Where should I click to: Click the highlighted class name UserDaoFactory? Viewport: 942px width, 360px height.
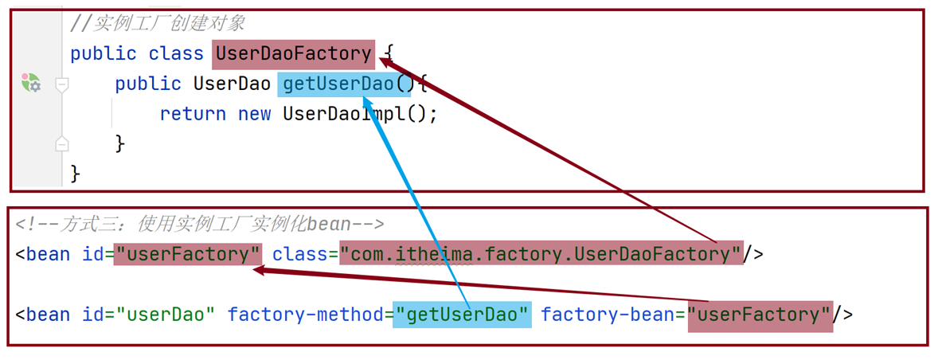[x=292, y=54]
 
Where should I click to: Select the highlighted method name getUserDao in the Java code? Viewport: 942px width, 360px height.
[x=336, y=84]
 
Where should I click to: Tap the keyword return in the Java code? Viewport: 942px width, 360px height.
[x=193, y=114]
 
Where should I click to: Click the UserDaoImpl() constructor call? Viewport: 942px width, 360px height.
[x=360, y=114]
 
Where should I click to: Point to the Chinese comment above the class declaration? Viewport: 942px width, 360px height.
[x=169, y=23]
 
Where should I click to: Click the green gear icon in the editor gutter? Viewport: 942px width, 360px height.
[x=31, y=83]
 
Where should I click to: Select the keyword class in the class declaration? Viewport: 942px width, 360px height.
[x=176, y=54]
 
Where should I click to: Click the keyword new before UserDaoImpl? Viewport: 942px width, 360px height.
[x=255, y=114]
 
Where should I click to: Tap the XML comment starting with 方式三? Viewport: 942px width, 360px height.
[x=200, y=225]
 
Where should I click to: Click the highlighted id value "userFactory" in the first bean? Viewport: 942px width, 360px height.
[x=187, y=254]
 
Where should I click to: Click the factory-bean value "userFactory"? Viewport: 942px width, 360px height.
[x=760, y=315]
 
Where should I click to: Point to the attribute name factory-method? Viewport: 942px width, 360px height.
[x=305, y=315]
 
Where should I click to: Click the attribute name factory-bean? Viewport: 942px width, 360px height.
[x=608, y=315]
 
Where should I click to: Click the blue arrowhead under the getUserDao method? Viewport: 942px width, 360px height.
[x=367, y=102]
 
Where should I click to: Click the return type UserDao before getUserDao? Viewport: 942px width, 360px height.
[x=232, y=84]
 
